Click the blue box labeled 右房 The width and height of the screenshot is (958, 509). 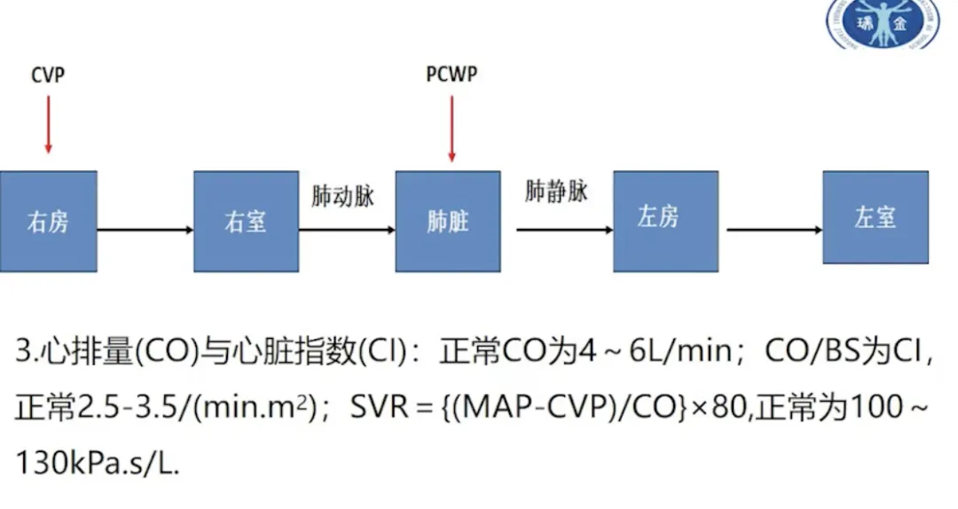coord(48,221)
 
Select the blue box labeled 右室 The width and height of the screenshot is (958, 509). coord(246,221)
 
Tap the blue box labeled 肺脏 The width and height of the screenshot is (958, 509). coord(447,221)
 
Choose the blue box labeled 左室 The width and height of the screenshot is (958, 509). coord(875,217)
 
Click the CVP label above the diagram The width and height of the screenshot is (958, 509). coord(48,75)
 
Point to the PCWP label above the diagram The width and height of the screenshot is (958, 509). coord(452,75)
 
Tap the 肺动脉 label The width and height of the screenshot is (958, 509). coord(342,197)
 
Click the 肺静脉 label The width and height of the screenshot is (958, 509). coord(556,192)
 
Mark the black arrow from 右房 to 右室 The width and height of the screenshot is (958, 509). coord(145,230)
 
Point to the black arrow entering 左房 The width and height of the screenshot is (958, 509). coord(564,230)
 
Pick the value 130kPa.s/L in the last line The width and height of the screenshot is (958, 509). coord(97,464)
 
